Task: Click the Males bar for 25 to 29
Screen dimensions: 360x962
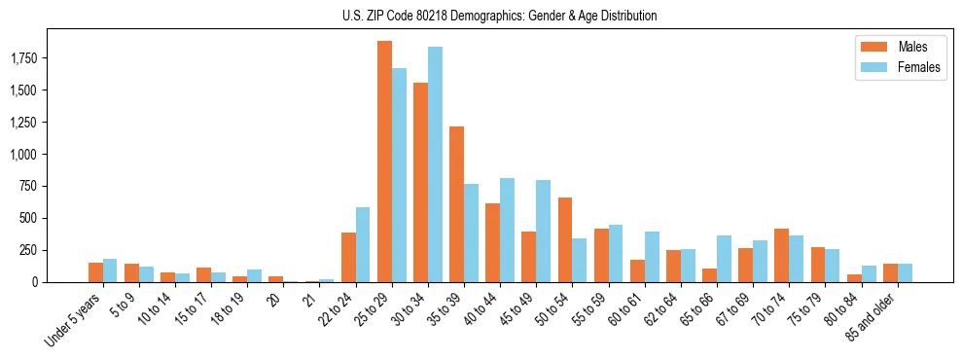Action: click(384, 162)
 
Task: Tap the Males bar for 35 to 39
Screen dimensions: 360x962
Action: click(456, 204)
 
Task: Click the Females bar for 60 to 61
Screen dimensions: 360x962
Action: click(652, 257)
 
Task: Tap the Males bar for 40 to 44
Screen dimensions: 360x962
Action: click(492, 242)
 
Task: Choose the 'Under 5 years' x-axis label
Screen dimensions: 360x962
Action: click(74, 319)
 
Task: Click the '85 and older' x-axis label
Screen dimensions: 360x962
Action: click(870, 317)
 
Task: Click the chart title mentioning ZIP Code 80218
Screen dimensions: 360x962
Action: click(499, 16)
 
